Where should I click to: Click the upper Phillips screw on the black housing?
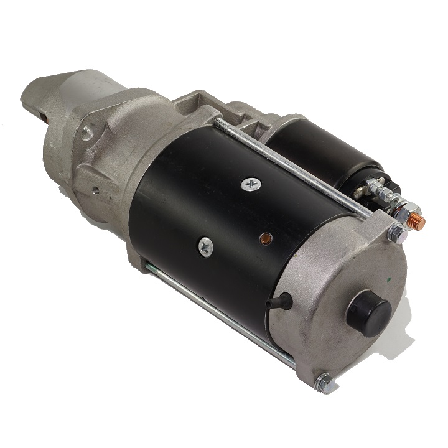252,184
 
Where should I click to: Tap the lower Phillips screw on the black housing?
206,247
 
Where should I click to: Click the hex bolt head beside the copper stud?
396,233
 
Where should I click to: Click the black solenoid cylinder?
324,149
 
